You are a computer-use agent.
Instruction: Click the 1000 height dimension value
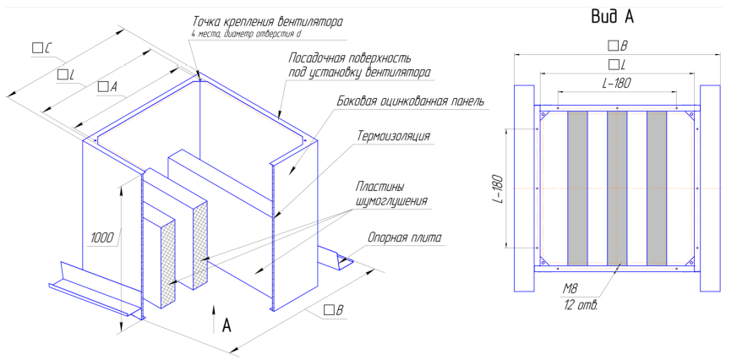click(103, 238)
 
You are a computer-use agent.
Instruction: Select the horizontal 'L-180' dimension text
click(617, 84)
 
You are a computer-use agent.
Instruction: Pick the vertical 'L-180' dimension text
click(496, 189)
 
